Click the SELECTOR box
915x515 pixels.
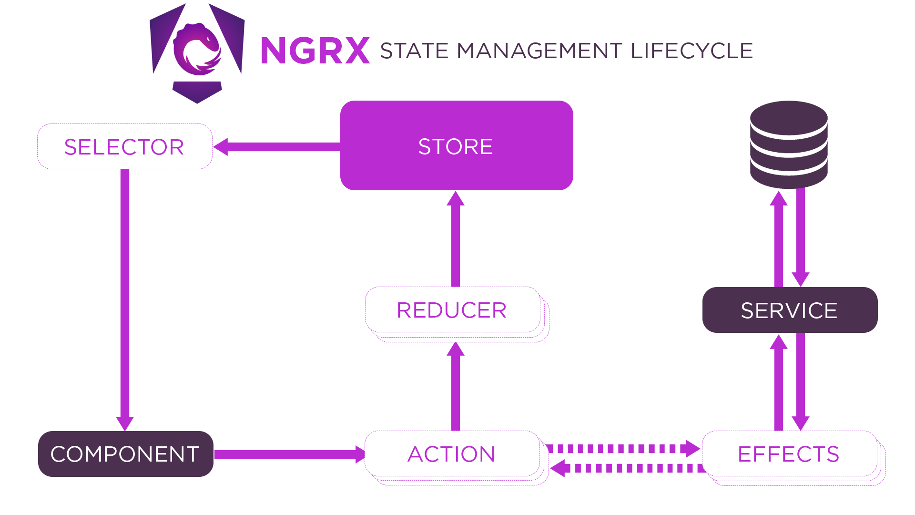tap(124, 146)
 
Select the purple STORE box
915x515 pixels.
tap(456, 145)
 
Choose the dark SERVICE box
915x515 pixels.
tap(790, 310)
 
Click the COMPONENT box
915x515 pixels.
tap(125, 454)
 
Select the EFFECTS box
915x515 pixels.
tap(789, 453)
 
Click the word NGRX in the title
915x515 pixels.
tap(315, 51)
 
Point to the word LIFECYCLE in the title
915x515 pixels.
tap(691, 51)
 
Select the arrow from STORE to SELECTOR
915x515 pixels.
tap(279, 146)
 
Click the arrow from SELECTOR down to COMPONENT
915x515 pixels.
tap(125, 296)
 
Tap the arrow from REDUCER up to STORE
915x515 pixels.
tap(456, 238)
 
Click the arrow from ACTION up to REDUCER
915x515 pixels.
tap(456, 386)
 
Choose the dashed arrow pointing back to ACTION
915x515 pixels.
tap(629, 468)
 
